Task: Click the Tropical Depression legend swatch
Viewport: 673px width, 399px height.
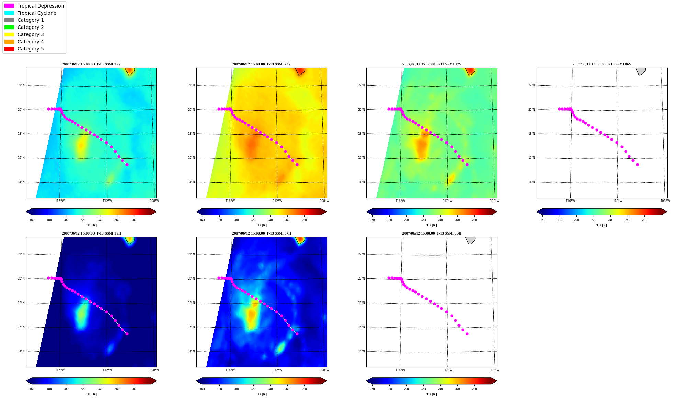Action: click(x=9, y=6)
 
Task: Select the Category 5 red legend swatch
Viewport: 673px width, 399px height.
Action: click(x=9, y=49)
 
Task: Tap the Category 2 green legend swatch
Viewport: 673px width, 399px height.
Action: click(x=9, y=27)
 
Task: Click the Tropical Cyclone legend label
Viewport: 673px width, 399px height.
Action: click(x=37, y=13)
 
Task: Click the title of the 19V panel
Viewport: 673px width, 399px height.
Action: click(x=91, y=64)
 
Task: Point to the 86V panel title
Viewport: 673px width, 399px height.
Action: click(x=602, y=64)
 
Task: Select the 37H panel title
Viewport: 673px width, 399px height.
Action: click(x=262, y=233)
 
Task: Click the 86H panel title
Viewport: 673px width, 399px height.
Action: click(x=432, y=233)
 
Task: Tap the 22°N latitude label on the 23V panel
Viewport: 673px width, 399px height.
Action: click(x=191, y=85)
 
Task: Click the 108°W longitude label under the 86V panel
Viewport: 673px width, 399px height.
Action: click(x=665, y=201)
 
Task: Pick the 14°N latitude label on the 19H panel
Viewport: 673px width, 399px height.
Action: click(x=21, y=351)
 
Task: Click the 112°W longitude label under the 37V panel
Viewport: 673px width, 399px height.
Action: click(x=448, y=201)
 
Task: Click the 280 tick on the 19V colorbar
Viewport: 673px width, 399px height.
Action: click(x=134, y=220)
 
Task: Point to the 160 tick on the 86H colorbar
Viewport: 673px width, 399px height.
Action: click(x=372, y=389)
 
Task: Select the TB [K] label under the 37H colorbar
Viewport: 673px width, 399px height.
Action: click(x=262, y=394)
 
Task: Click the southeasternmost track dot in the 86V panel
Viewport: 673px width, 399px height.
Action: click(x=637, y=165)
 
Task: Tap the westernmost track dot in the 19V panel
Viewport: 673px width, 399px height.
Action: click(x=48, y=109)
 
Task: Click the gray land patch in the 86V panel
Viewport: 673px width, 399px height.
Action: click(x=640, y=71)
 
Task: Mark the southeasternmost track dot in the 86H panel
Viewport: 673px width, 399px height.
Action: click(x=467, y=334)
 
